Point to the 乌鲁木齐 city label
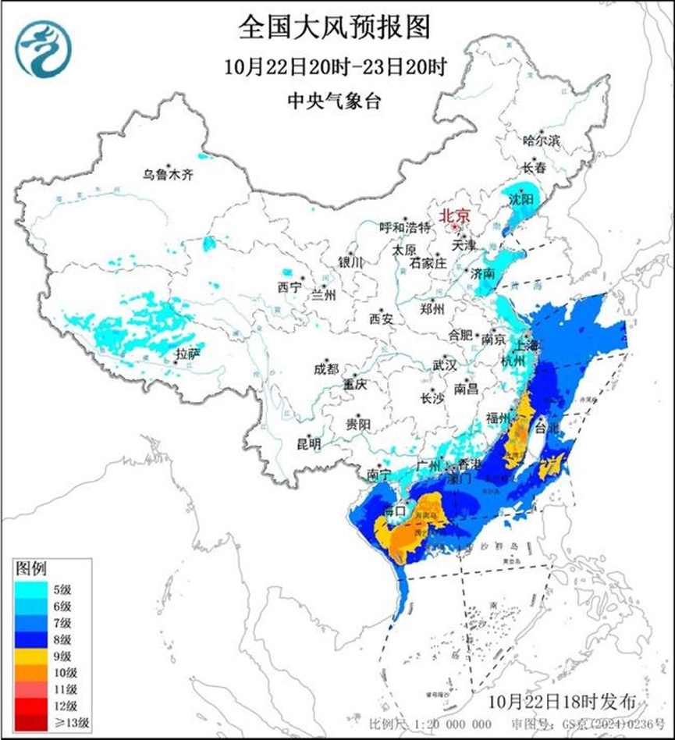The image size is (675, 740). click(167, 175)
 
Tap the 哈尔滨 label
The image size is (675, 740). click(542, 141)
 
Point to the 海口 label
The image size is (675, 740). click(394, 511)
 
